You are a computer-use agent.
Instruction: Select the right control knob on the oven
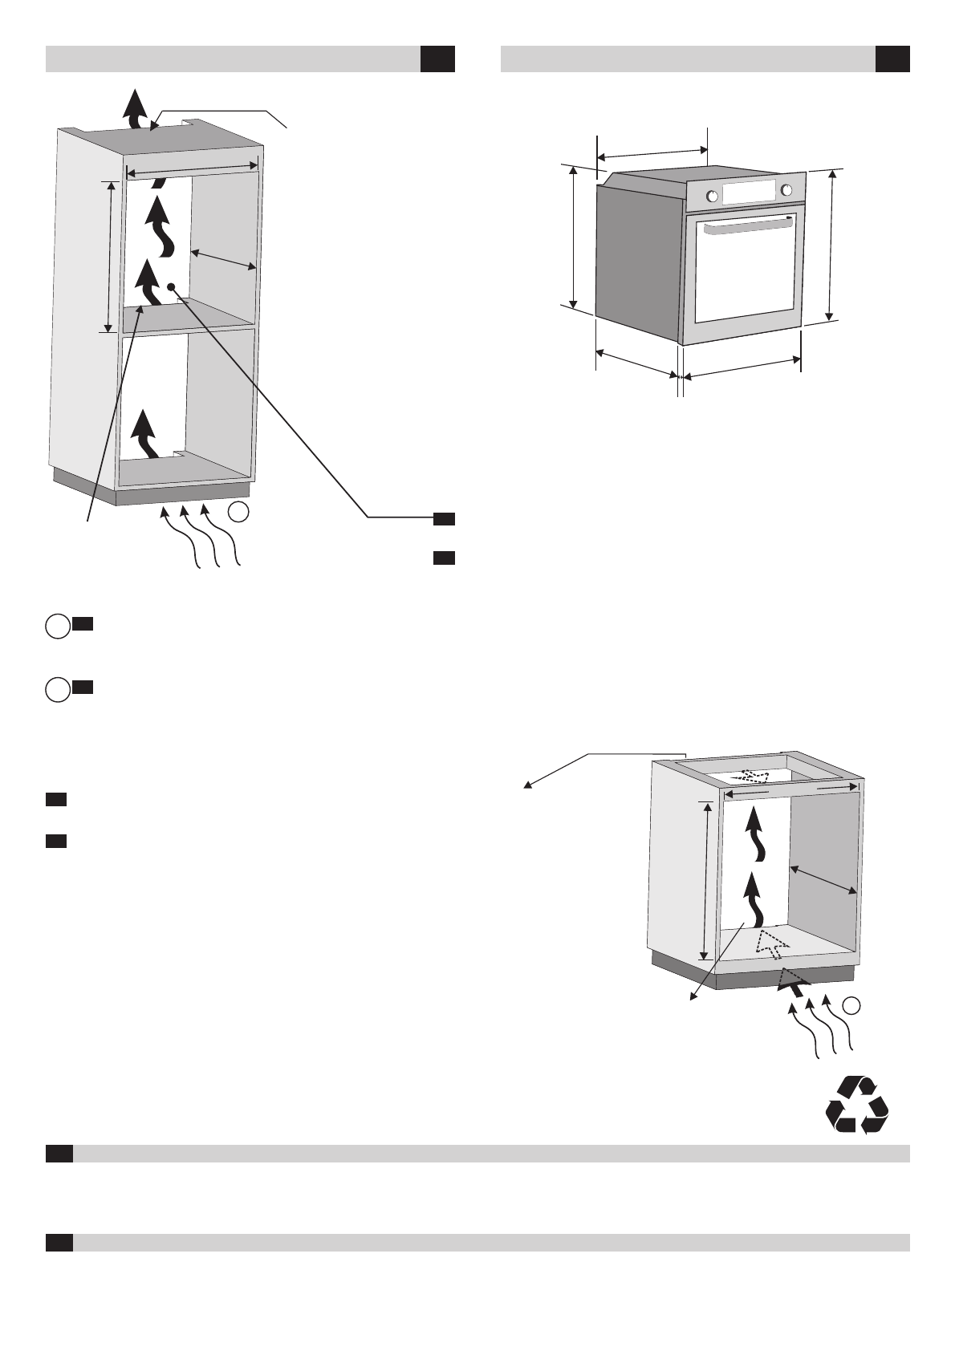pyautogui.click(x=786, y=190)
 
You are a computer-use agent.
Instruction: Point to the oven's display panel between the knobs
pyautogui.click(x=750, y=193)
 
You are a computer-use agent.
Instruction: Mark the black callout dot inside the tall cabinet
pyautogui.click(x=172, y=286)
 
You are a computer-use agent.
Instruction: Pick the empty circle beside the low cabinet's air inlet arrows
pyautogui.click(x=854, y=1004)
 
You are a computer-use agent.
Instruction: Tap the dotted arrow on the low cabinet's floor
pyautogui.click(x=770, y=943)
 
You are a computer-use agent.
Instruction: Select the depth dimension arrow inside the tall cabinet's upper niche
pyautogui.click(x=224, y=260)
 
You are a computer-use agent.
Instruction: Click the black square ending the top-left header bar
pyautogui.click(x=437, y=59)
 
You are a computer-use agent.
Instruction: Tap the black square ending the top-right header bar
pyautogui.click(x=892, y=59)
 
